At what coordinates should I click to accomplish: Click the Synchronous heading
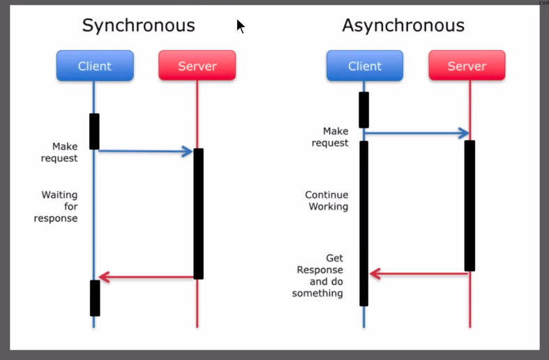click(138, 26)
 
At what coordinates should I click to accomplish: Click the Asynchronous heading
click(403, 26)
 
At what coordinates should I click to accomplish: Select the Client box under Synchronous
click(95, 66)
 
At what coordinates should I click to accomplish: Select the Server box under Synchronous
click(197, 66)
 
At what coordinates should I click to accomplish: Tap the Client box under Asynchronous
click(365, 66)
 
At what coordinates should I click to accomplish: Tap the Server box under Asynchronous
click(467, 66)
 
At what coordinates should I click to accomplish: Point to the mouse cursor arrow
click(241, 27)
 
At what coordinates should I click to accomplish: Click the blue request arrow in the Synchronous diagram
click(146, 151)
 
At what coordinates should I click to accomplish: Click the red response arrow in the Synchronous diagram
click(146, 277)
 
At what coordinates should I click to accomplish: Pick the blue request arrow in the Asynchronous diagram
click(416, 133)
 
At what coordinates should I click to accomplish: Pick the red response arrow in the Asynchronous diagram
click(419, 273)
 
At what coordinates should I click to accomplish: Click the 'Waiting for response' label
click(56, 207)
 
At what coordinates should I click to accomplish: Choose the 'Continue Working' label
click(326, 201)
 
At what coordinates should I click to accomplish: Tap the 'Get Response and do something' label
click(317, 276)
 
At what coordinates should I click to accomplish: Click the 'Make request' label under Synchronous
click(59, 152)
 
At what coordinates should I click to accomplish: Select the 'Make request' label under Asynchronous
click(330, 137)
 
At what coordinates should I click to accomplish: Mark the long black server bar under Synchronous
click(199, 213)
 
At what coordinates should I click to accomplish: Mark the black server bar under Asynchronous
click(470, 206)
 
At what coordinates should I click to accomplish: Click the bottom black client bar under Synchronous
click(95, 298)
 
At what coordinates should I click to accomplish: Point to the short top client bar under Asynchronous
click(363, 110)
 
